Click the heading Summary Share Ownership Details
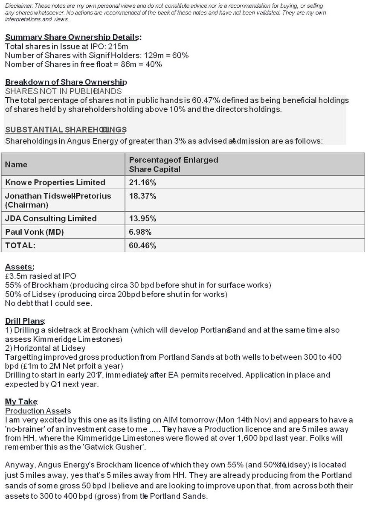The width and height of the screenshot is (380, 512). click(x=73, y=37)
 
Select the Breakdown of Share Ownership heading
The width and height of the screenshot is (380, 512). click(x=66, y=82)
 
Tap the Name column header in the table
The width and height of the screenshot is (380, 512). click(x=16, y=164)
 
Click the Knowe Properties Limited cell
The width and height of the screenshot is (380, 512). click(x=55, y=182)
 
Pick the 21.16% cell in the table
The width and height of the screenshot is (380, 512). click(x=142, y=182)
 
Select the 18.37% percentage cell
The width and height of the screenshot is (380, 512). click(x=142, y=196)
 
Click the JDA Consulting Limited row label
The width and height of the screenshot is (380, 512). click(x=51, y=218)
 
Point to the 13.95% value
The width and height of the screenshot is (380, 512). click(x=142, y=218)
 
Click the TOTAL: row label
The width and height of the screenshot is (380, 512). click(x=20, y=245)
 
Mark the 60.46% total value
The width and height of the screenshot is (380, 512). click(x=142, y=245)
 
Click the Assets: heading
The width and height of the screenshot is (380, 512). click(x=20, y=267)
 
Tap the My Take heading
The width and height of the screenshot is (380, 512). click(x=21, y=401)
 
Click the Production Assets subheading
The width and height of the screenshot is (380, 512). click(x=38, y=411)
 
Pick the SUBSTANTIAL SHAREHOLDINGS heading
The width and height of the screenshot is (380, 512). click(x=66, y=129)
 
